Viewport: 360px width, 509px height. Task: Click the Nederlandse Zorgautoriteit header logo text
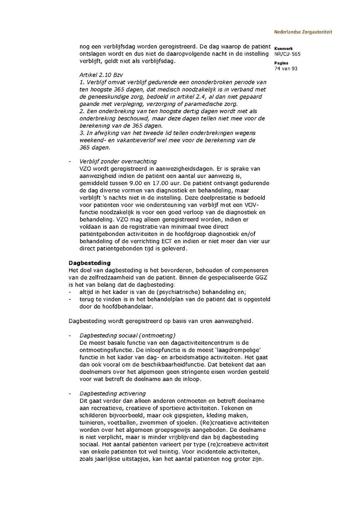pos(303,32)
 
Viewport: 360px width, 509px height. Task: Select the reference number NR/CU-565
pos(288,54)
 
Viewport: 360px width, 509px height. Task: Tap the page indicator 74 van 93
pos(286,68)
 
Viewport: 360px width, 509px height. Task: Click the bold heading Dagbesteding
pos(90,263)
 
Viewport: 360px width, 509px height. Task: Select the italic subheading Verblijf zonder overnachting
pos(118,162)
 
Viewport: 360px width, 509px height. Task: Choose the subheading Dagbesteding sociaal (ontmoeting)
pos(127,335)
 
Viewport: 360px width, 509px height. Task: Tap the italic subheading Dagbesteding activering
pos(112,393)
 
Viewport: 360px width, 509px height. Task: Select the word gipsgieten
pos(190,415)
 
